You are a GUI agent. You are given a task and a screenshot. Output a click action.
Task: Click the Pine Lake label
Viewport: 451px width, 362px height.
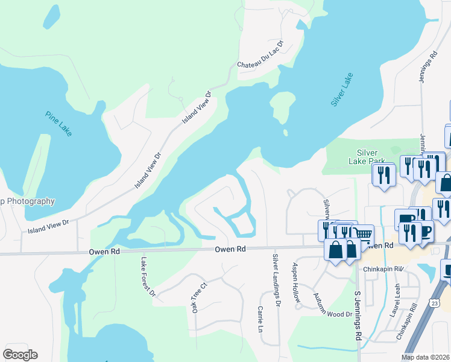[58, 123]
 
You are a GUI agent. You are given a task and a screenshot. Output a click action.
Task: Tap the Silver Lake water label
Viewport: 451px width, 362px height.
[342, 91]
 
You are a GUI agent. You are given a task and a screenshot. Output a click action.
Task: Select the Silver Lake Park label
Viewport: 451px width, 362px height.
[375, 156]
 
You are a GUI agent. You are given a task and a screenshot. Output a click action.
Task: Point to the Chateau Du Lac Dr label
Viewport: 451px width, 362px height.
[260, 54]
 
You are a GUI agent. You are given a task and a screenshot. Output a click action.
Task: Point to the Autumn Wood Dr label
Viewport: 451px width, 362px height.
[333, 305]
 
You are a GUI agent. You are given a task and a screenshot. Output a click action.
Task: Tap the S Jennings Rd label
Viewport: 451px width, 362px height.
[357, 317]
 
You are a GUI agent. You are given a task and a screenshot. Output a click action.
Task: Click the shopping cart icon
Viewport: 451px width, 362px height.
[362, 234]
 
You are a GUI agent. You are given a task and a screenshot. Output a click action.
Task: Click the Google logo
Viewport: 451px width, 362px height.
[20, 355]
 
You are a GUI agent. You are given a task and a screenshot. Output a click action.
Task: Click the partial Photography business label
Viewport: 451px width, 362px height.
[28, 202]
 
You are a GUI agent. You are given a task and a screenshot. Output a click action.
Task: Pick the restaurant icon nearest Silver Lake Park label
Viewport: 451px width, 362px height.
[383, 175]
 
